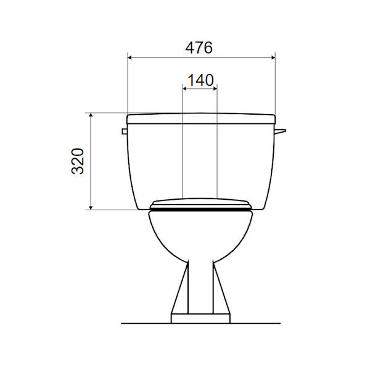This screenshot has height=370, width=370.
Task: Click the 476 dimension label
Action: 199,47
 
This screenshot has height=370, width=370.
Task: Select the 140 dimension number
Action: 200,80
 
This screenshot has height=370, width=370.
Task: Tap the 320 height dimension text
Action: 78,161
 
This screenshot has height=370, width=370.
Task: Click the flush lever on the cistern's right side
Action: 281,131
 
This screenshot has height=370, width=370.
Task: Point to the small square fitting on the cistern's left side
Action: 125,131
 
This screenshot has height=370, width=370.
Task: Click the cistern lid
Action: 201,118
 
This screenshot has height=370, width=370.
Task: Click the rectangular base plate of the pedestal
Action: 200,318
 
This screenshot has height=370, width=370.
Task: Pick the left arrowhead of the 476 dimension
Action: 129,57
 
